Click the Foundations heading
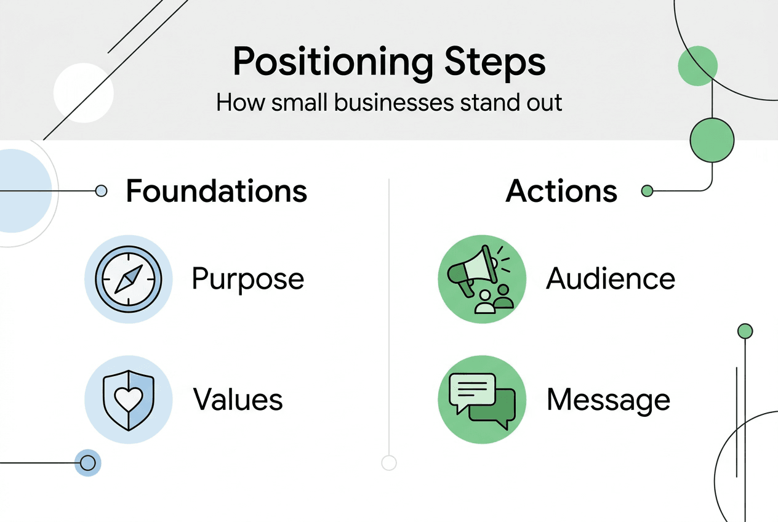coord(216,191)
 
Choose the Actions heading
coord(561,191)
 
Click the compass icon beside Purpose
coord(128,279)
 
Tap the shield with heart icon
coord(128,400)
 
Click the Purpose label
coord(247,279)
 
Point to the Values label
coord(238,400)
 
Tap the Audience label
coord(611,279)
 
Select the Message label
coord(608,401)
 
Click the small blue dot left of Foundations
coord(102,191)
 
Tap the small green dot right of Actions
coord(647,191)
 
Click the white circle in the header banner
coord(83,93)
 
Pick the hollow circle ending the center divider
coord(388,462)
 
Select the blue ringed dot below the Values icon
coord(87,462)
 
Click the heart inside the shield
coord(128,399)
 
